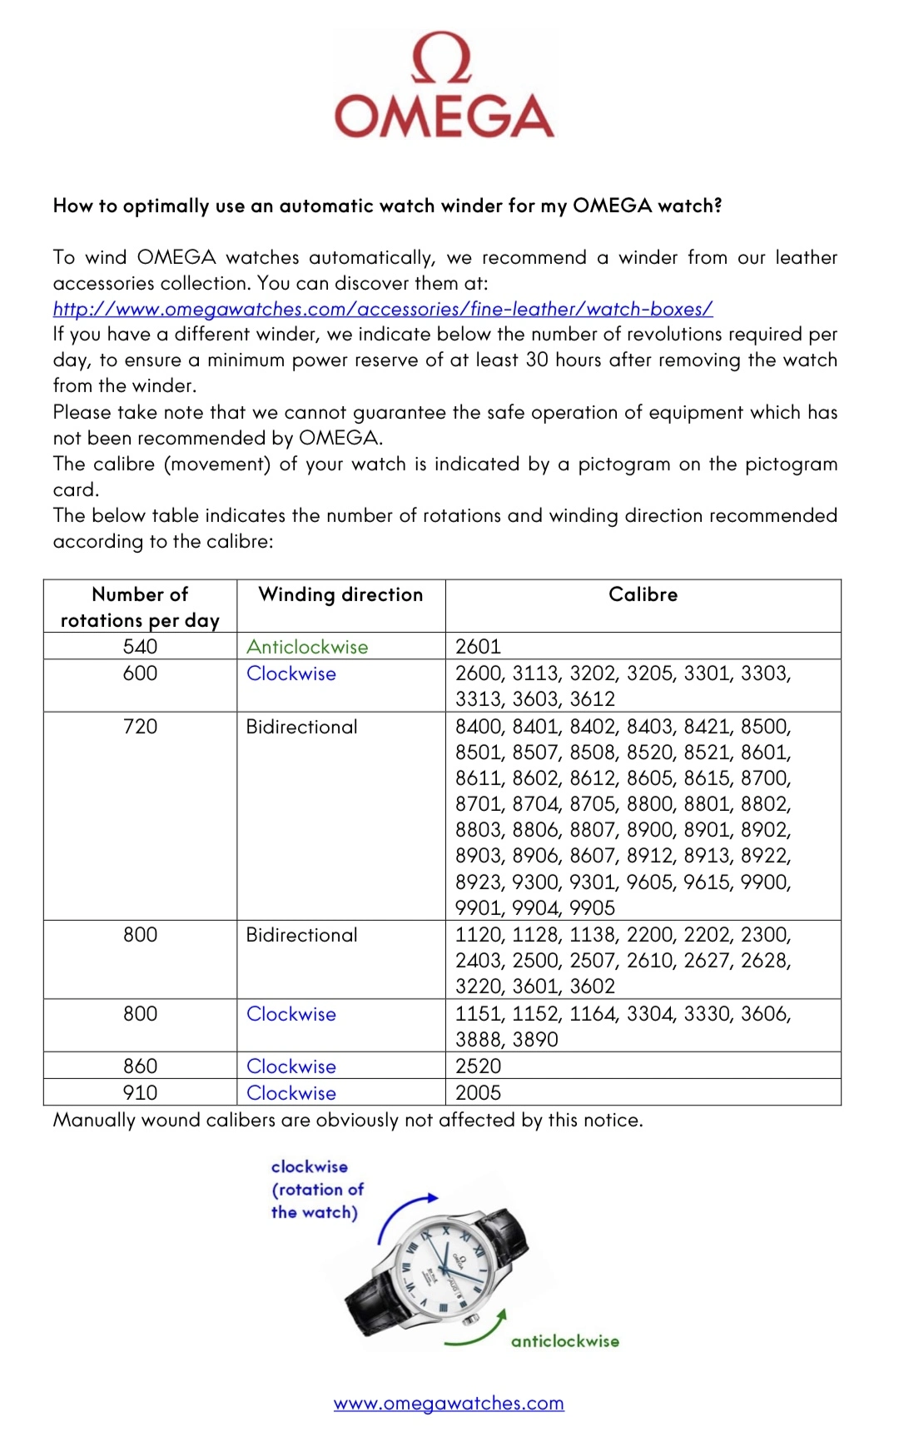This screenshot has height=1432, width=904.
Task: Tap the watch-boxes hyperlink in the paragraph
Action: (383, 309)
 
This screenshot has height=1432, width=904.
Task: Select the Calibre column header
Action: (643, 594)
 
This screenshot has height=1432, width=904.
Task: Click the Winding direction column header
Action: (340, 594)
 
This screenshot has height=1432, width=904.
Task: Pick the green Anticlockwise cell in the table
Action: (307, 647)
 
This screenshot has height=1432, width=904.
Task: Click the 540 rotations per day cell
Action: (140, 647)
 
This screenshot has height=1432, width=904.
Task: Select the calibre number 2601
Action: (479, 647)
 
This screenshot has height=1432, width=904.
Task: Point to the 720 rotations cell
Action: (140, 727)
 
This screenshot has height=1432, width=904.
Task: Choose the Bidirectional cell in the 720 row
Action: (301, 727)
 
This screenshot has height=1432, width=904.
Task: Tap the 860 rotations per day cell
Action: (140, 1067)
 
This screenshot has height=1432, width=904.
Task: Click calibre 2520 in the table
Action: (479, 1067)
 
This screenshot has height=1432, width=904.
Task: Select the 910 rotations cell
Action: (140, 1093)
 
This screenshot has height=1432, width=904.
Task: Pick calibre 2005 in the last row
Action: (479, 1093)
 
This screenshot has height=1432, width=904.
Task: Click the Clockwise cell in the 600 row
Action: (291, 674)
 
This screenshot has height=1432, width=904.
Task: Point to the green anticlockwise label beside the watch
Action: (565, 1341)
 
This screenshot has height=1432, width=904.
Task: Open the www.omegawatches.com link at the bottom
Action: (449, 1404)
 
